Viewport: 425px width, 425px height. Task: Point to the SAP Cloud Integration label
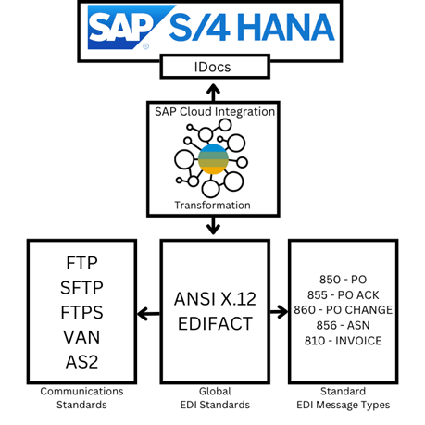[214, 111]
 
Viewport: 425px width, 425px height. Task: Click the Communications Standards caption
[81, 396]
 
